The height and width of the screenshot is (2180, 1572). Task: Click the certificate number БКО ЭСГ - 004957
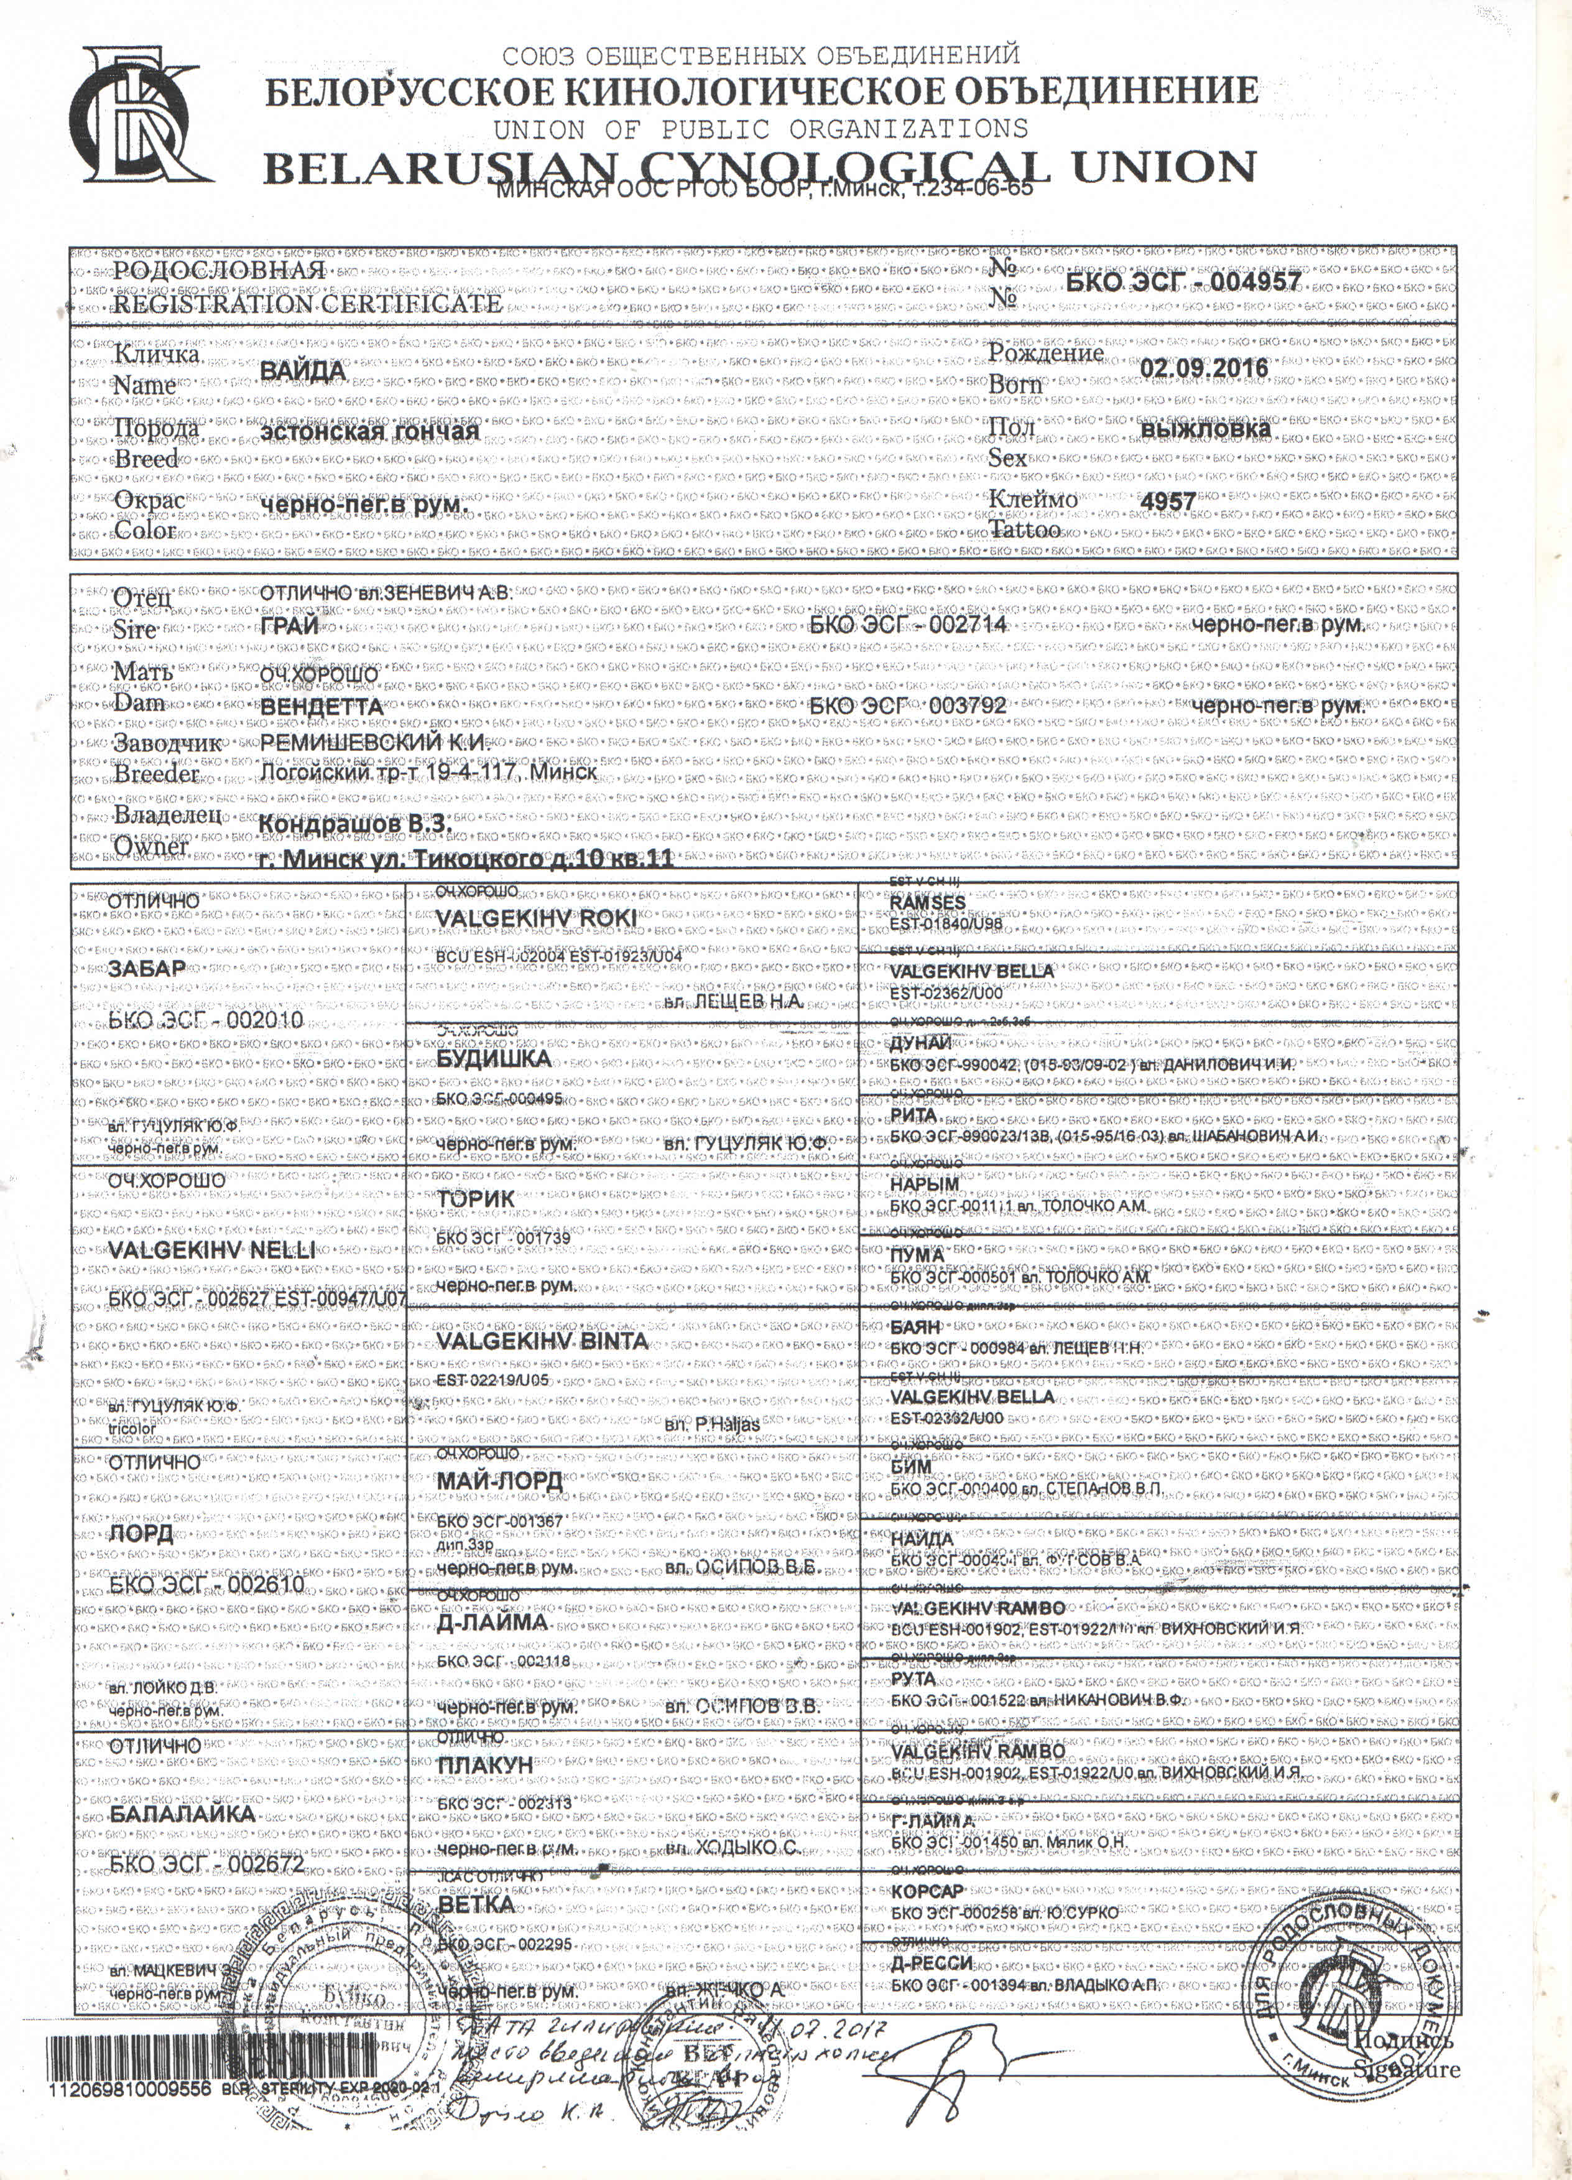click(1183, 282)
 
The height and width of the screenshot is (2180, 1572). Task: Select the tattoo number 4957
click(1167, 501)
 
